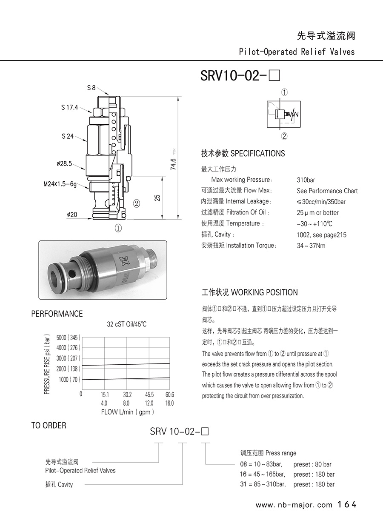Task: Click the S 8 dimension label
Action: pyautogui.click(x=91, y=88)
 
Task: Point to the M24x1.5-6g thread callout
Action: pyautogui.click(x=60, y=184)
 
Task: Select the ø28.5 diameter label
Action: pyautogui.click(x=64, y=163)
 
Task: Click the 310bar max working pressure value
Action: pyautogui.click(x=306, y=180)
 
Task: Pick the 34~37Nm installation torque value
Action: pyautogui.click(x=311, y=246)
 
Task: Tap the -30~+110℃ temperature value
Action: pyautogui.click(x=314, y=223)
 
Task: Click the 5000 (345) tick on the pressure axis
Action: pyautogui.click(x=68, y=337)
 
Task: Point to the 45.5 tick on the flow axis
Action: pyautogui.click(x=149, y=395)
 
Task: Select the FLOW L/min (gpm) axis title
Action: pyautogui.click(x=127, y=412)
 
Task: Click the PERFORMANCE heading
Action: pyautogui.click(x=57, y=314)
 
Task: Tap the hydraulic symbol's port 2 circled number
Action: pyautogui.click(x=284, y=137)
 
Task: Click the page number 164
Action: pyautogui.click(x=346, y=505)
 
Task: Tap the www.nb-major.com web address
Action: pyautogui.click(x=294, y=505)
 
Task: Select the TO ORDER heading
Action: pyautogui.click(x=49, y=426)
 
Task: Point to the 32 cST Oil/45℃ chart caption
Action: pyautogui.click(x=126, y=324)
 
